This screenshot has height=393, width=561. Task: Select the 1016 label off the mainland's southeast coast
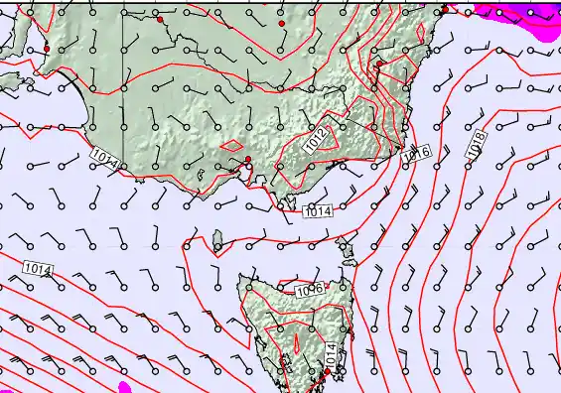point(417,153)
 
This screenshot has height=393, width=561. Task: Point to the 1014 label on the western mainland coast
point(104,157)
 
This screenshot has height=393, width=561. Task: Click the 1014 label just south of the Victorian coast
point(318,211)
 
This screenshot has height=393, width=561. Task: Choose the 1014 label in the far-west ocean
point(37,268)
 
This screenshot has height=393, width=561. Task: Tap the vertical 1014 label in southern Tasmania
point(331,353)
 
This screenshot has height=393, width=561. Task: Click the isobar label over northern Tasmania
point(309,289)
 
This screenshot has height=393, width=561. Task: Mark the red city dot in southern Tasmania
point(327,373)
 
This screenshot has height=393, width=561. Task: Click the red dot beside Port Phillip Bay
point(248,159)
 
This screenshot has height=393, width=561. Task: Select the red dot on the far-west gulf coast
point(47,49)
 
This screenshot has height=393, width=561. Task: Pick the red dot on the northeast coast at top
point(444,11)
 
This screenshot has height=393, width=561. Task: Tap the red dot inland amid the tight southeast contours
point(380,64)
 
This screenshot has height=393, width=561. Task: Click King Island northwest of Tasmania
point(217,238)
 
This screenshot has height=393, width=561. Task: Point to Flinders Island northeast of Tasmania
point(347,248)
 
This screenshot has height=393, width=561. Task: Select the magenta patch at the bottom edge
point(124,386)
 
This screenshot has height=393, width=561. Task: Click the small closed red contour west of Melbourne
point(234,146)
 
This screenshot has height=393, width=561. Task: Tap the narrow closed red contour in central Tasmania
point(295,342)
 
